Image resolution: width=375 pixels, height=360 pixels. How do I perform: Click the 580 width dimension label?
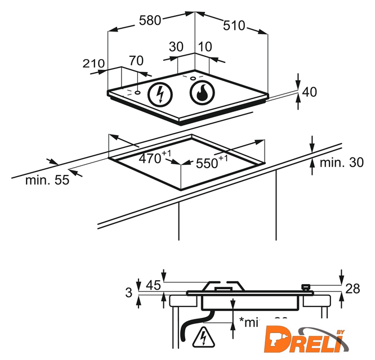tap(150, 21)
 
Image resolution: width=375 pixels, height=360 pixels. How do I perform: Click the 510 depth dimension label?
tap(234, 25)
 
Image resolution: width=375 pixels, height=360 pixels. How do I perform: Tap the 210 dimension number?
tap(93, 64)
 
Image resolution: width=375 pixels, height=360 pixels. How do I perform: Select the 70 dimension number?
tap(136, 60)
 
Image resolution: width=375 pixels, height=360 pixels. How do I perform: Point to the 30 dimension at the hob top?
tap(176, 47)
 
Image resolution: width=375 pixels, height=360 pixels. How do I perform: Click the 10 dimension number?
tap(204, 47)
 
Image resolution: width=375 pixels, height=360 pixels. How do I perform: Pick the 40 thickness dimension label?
tap(310, 91)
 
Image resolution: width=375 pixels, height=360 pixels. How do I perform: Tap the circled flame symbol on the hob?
tap(201, 93)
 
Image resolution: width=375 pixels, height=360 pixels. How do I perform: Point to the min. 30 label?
tap(341, 163)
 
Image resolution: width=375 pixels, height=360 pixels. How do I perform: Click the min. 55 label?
tap(47, 181)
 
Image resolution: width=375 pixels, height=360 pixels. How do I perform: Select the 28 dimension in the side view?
tap(352, 289)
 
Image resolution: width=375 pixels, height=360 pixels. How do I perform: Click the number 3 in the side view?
tap(129, 292)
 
